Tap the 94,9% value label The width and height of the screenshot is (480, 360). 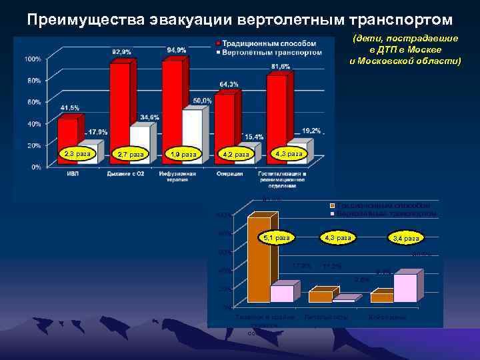[177, 50]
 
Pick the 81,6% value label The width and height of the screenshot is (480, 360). [281, 66]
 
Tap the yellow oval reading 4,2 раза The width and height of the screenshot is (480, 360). [236, 155]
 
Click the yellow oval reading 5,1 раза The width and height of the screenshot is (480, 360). [277, 237]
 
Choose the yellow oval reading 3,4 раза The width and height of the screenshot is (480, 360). [406, 238]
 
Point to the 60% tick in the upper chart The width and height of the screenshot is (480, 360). [32, 102]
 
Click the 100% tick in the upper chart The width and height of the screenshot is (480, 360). [32, 59]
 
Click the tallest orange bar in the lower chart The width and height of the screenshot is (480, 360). [258, 260]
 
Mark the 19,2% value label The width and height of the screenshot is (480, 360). [311, 131]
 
